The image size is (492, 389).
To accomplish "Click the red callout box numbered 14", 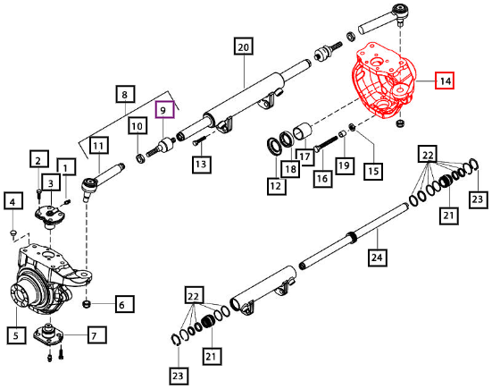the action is (445, 80).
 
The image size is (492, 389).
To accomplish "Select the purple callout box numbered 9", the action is (165, 109).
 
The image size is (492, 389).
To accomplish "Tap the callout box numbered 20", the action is (244, 47).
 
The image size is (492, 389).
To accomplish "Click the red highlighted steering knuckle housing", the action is (383, 80).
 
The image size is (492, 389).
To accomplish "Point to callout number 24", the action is (377, 257).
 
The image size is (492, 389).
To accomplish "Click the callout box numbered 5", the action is (16, 335).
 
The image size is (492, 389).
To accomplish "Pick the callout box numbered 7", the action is (96, 335).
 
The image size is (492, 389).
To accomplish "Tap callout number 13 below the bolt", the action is (202, 164).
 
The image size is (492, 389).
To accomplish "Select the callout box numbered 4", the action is (13, 201).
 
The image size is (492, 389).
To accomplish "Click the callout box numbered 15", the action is (373, 171).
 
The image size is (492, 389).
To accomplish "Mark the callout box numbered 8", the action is (126, 94).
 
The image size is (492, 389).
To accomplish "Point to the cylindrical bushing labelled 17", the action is (304, 131).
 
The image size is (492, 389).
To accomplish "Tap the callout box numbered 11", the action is (99, 146).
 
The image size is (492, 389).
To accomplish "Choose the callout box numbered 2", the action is (39, 159).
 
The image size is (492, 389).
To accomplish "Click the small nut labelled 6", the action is (87, 304).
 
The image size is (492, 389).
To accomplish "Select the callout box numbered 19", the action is (345, 165).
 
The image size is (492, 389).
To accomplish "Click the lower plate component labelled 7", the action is (48, 335).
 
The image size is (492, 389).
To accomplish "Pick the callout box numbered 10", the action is (138, 125).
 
